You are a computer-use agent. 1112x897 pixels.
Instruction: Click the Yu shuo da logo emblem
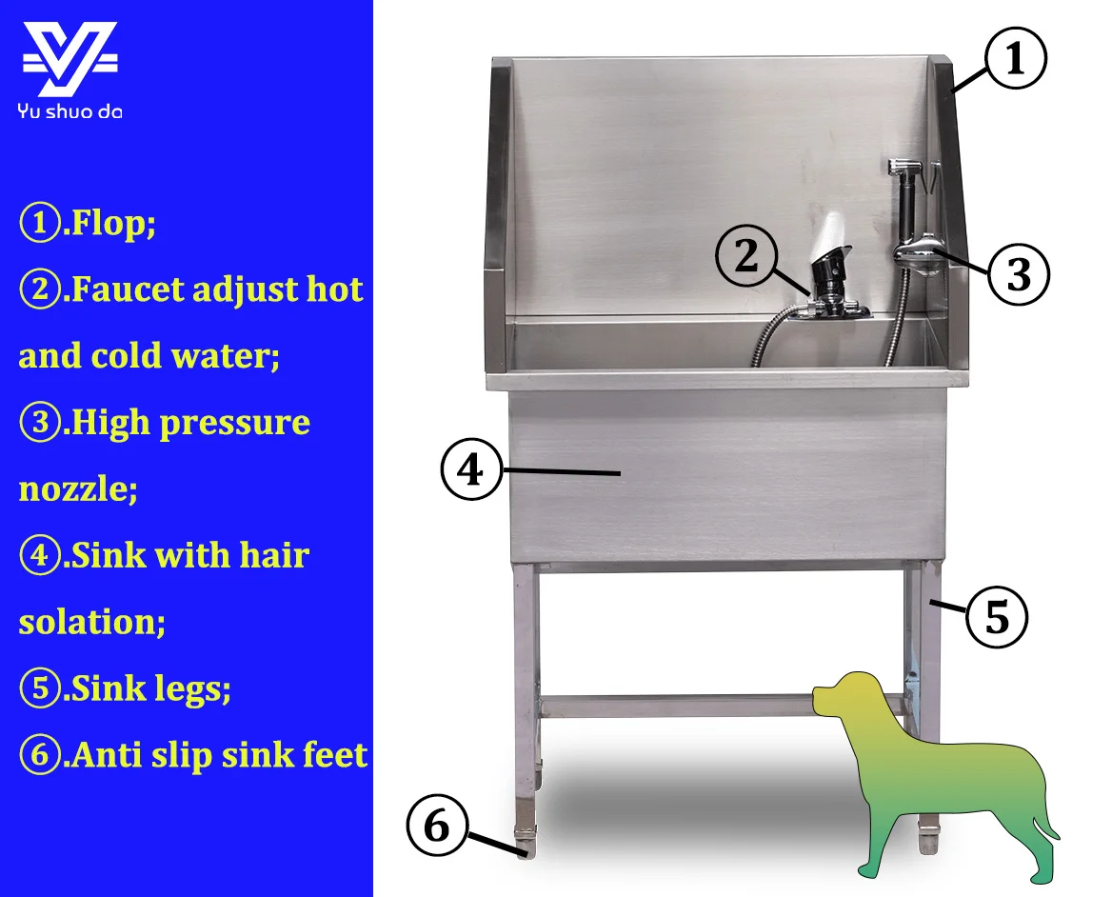coord(70,60)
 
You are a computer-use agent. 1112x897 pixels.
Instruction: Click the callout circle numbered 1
coord(1016,57)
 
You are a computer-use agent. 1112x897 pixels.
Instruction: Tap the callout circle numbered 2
coord(746,255)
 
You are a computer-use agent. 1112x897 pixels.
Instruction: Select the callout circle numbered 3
coord(1019,274)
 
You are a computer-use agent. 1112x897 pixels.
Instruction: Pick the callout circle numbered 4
coord(471,469)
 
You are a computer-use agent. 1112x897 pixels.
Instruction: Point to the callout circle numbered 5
coord(997,617)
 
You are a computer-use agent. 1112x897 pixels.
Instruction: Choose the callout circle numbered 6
coord(437,826)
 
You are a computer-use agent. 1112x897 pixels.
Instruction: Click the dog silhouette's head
coord(842,693)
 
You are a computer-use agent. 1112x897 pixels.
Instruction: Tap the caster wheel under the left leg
coord(526,843)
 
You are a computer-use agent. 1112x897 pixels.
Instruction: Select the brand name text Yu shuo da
coord(69,111)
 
